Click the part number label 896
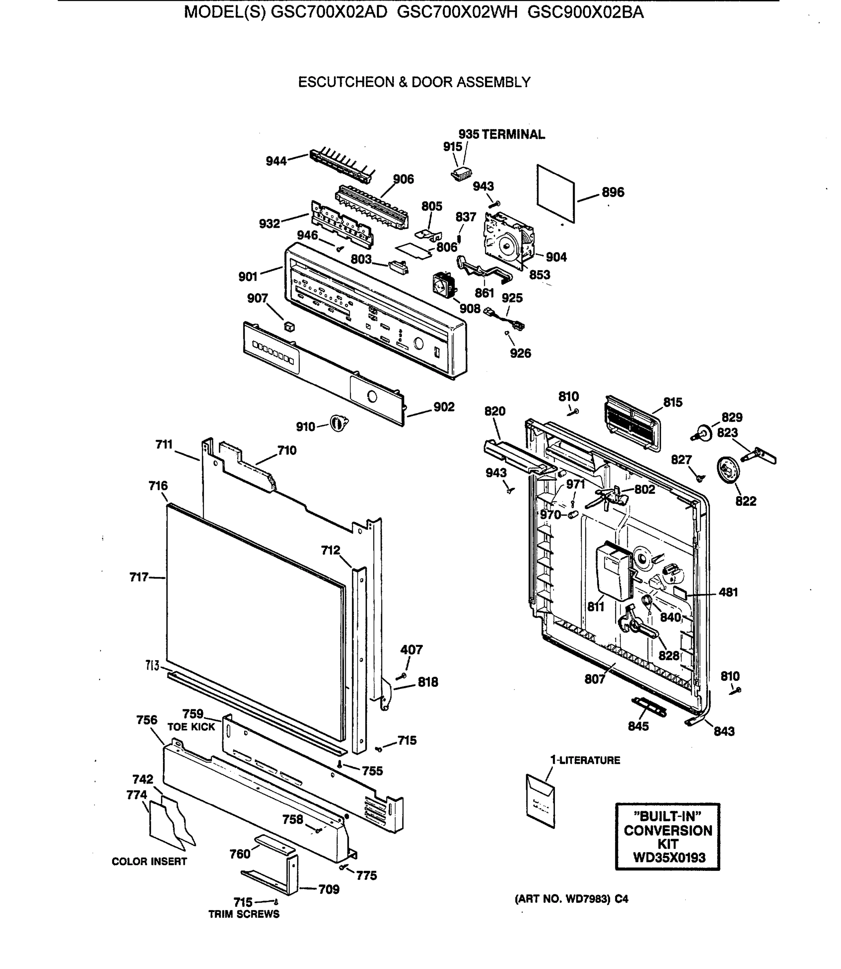click(x=613, y=192)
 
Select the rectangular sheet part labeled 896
click(x=556, y=193)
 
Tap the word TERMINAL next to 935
click(x=513, y=134)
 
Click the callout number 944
click(x=276, y=161)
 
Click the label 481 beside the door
click(x=728, y=592)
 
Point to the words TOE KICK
click(x=191, y=727)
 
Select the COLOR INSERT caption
click(x=149, y=862)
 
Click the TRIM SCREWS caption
click(x=244, y=914)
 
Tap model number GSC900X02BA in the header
click(x=585, y=12)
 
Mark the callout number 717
click(x=139, y=577)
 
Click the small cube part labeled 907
click(x=290, y=326)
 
